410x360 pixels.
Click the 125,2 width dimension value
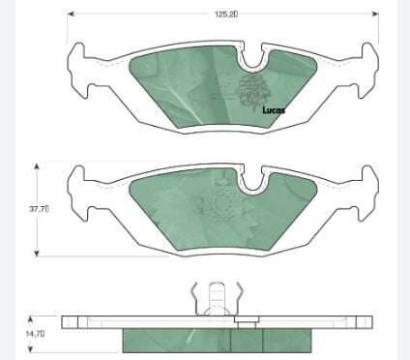(x=226, y=15)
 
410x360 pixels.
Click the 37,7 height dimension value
(x=39, y=209)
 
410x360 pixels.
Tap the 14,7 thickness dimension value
(x=35, y=333)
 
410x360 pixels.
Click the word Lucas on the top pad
(x=274, y=110)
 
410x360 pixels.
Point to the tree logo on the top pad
(x=253, y=91)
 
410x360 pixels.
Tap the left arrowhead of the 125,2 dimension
(x=72, y=14)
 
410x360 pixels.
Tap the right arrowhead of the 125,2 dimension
(x=375, y=14)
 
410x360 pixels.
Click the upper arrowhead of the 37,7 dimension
(x=37, y=166)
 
